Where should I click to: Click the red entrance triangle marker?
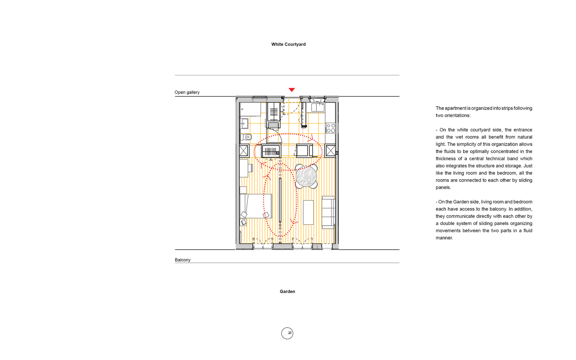pyautogui.click(x=292, y=90)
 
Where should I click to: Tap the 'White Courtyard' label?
pyautogui.click(x=288, y=44)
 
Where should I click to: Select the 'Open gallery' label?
pyautogui.click(x=187, y=92)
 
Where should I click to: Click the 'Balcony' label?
pyautogui.click(x=182, y=260)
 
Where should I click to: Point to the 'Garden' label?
pyautogui.click(x=287, y=291)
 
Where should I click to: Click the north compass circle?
pyautogui.click(x=287, y=333)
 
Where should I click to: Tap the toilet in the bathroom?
pyautogui.click(x=246, y=137)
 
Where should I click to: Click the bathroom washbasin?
pyautogui.click(x=244, y=123)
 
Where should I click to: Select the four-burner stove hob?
pyautogui.click(x=331, y=128)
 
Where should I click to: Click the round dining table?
pyautogui.click(x=306, y=177)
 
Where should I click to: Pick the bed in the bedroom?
pyautogui.click(x=256, y=206)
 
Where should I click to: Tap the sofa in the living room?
pyautogui.click(x=328, y=213)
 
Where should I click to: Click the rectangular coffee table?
pyautogui.click(x=308, y=213)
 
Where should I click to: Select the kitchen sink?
pyautogui.click(x=317, y=107)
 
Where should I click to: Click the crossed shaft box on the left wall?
pyautogui.click(x=244, y=151)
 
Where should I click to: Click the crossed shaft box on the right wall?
pyautogui.click(x=331, y=151)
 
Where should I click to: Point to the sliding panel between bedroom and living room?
pyautogui.click(x=280, y=199)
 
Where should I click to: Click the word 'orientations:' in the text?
pyautogui.click(x=458, y=115)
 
